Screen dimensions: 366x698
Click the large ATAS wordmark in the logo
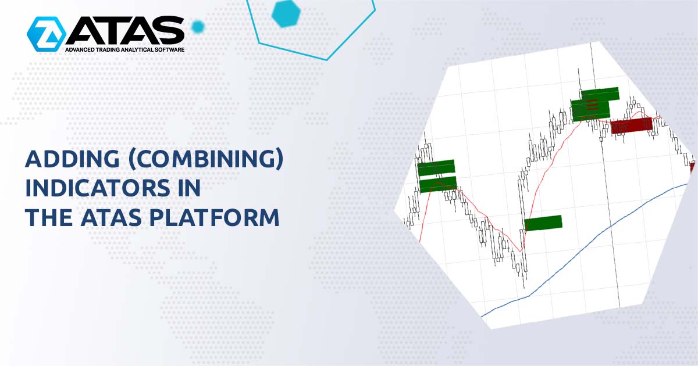(125, 30)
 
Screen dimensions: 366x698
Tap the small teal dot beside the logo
(198, 26)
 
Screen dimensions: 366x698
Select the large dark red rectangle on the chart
(632, 125)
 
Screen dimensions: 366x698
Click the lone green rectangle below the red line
(543, 223)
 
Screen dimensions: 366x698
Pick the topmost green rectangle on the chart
(600, 94)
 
